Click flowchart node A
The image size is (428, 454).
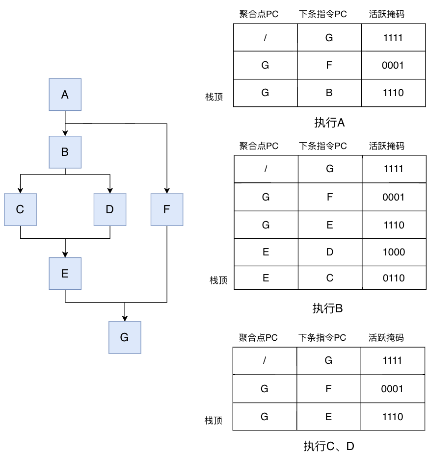(x=65, y=95)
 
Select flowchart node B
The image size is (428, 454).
(x=65, y=152)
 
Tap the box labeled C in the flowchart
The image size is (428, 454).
(x=20, y=209)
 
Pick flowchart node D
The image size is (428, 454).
(x=109, y=209)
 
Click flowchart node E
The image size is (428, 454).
(x=65, y=274)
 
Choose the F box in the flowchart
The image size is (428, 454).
(x=167, y=209)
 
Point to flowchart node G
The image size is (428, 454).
(x=125, y=337)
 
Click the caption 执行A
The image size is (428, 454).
(x=329, y=123)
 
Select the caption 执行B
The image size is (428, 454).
(x=327, y=308)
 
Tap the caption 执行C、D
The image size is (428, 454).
(x=328, y=446)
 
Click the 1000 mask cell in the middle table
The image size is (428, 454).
(x=394, y=252)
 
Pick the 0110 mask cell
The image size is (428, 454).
(x=394, y=278)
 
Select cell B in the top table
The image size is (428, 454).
(x=329, y=93)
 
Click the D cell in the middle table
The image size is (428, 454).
(x=330, y=252)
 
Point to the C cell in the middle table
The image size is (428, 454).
(x=330, y=278)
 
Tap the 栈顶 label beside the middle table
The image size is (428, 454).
(x=219, y=280)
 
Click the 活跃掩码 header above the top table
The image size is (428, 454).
(x=387, y=14)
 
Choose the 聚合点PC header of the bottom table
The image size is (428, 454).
(x=258, y=338)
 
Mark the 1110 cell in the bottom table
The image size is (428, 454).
(x=393, y=417)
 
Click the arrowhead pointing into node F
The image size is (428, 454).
(x=167, y=191)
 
